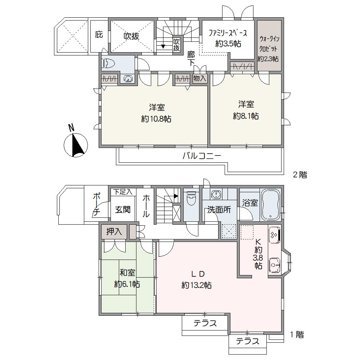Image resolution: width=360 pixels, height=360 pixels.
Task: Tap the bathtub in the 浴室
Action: [x=270, y=205]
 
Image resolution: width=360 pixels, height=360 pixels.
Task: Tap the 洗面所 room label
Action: [x=219, y=210]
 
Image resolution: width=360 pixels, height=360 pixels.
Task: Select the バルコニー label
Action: [x=202, y=156]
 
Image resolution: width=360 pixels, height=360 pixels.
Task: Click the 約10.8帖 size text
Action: [x=156, y=119]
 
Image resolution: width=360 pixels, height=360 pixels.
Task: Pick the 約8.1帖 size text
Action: [x=246, y=116]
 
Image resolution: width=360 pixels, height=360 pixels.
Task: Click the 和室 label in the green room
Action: [x=127, y=273]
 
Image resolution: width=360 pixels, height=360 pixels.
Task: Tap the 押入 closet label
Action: [x=114, y=232]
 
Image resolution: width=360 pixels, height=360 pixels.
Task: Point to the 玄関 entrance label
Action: [x=123, y=210]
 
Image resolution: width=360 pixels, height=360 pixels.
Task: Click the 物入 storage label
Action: [x=200, y=78]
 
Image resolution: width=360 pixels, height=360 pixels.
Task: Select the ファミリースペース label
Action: [x=228, y=33]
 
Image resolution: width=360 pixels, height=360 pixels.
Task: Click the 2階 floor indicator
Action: [x=300, y=175]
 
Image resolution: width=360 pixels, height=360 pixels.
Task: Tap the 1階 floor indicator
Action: [x=297, y=334]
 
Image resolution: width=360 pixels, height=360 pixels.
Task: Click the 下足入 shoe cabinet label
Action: [x=123, y=192]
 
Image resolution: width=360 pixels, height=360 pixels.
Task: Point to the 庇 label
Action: [x=99, y=35]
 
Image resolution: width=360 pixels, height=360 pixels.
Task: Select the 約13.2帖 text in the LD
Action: [x=197, y=285]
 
